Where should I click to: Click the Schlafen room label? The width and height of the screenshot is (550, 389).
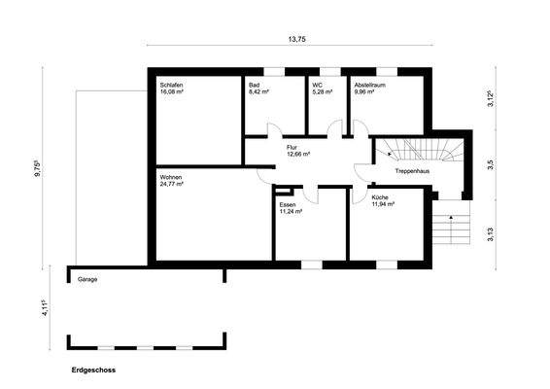pyautogui.click(x=172, y=86)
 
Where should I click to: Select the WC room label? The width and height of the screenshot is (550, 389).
pyautogui.click(x=317, y=86)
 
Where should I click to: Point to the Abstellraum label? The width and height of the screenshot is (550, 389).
pyautogui.click(x=371, y=86)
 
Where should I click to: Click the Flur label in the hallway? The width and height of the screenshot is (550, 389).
pyautogui.click(x=292, y=146)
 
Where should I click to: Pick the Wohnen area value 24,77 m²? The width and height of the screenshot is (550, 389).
pyautogui.click(x=172, y=184)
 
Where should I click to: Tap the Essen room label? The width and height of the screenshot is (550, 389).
pyautogui.click(x=288, y=205)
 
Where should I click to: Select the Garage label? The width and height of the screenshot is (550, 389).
pyautogui.click(x=87, y=279)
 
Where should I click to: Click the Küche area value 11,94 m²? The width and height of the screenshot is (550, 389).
pyautogui.click(x=384, y=205)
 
